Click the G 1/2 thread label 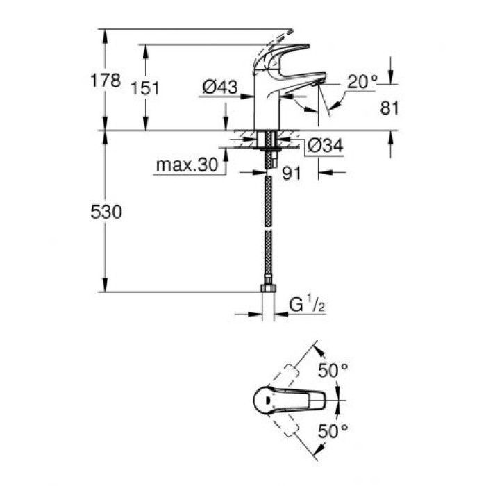305,304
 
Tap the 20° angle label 362,82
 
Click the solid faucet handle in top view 292,401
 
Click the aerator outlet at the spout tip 315,83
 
